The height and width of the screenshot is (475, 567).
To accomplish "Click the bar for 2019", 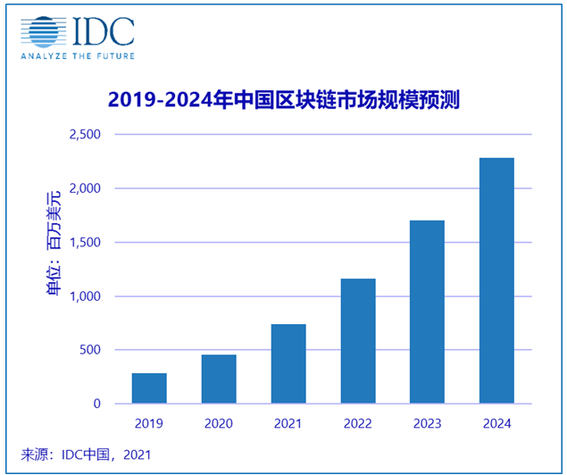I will point(149,388).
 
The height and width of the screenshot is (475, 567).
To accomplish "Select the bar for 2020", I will point(219,379).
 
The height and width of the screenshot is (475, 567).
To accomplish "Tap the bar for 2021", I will point(288,364).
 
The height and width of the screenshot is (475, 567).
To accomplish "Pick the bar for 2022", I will point(358,341).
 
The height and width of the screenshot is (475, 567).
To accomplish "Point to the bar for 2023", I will point(427,312).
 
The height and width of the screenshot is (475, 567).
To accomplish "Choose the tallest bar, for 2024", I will point(496,280).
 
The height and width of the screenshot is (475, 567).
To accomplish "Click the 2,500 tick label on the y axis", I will point(86,135).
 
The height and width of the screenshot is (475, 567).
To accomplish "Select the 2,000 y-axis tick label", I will point(86,188).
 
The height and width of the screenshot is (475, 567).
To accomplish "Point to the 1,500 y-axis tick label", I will point(86,242).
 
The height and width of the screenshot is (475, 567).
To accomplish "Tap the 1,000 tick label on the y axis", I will point(86,296).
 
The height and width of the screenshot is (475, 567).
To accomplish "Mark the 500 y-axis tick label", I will point(92,350).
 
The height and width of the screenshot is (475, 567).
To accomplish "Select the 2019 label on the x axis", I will point(149,422).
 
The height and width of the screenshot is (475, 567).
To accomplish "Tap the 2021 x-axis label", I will point(288,422).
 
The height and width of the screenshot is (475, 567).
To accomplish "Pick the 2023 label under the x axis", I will point(427,422).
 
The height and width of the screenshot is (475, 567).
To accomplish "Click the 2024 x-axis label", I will point(496,422).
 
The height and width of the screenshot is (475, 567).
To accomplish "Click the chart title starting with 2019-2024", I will point(283,98).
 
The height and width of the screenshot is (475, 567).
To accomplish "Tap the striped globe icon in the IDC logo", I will point(42,32).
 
